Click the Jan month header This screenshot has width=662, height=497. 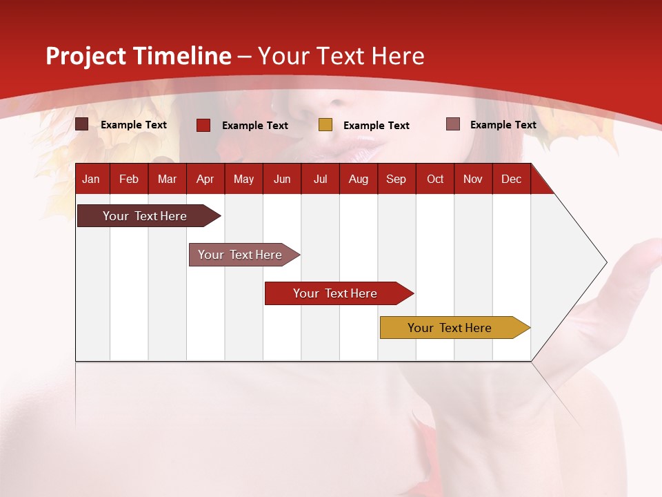[x=91, y=179]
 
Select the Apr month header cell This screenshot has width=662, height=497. [x=205, y=179]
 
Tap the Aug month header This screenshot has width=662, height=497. [x=358, y=179]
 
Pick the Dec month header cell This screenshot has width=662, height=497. [x=511, y=179]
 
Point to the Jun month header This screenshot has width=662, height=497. [x=281, y=179]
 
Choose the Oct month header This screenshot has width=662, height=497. [x=434, y=179]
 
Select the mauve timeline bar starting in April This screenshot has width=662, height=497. [x=241, y=255]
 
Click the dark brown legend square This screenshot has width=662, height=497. [x=81, y=124]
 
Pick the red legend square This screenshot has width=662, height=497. [x=203, y=125]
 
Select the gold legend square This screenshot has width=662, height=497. [x=325, y=125]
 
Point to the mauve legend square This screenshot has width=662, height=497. [x=452, y=124]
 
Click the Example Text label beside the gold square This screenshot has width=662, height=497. [x=376, y=125]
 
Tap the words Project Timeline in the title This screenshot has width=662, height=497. [x=138, y=56]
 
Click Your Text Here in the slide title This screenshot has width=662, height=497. [x=341, y=56]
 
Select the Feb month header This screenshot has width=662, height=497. [x=128, y=179]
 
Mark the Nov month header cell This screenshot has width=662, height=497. [x=472, y=179]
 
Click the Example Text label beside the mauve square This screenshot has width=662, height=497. [x=503, y=124]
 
